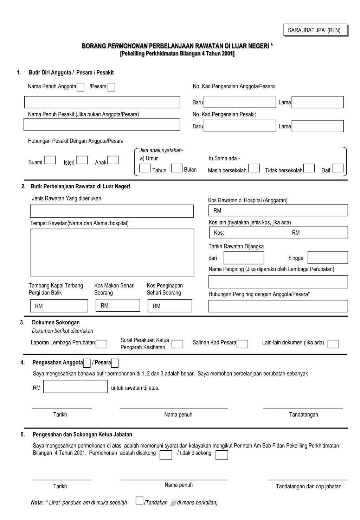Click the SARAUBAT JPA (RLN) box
pyautogui.click(x=315, y=30)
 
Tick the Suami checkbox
pyautogui.click(x=50, y=160)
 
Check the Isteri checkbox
pyautogui.click(x=82, y=160)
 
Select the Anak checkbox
pyautogui.click(x=113, y=160)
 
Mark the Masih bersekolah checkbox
pyautogui.click(x=254, y=168)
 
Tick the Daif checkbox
pyautogui.click(x=337, y=168)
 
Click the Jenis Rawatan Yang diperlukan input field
pyautogui.click(x=112, y=211)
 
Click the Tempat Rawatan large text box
pyautogui.click(x=112, y=252)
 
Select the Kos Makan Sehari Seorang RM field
pyautogui.click(x=118, y=305)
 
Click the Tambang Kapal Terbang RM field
pyautogui.click(x=59, y=306)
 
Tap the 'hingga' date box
pyautogui.click(x=328, y=258)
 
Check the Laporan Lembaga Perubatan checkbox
pyautogui.click(x=102, y=344)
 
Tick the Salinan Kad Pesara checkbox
pyautogui.click(x=243, y=344)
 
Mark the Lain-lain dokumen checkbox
pyautogui.click(x=333, y=344)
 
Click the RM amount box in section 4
pyautogui.click(x=75, y=387)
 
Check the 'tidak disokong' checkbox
pyautogui.click(x=222, y=455)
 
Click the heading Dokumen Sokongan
pyautogui.click(x=56, y=322)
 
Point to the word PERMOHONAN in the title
pyautogui.click(x=127, y=46)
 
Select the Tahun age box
pyautogui.click(x=145, y=168)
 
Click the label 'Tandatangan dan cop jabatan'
pyautogui.click(x=308, y=487)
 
